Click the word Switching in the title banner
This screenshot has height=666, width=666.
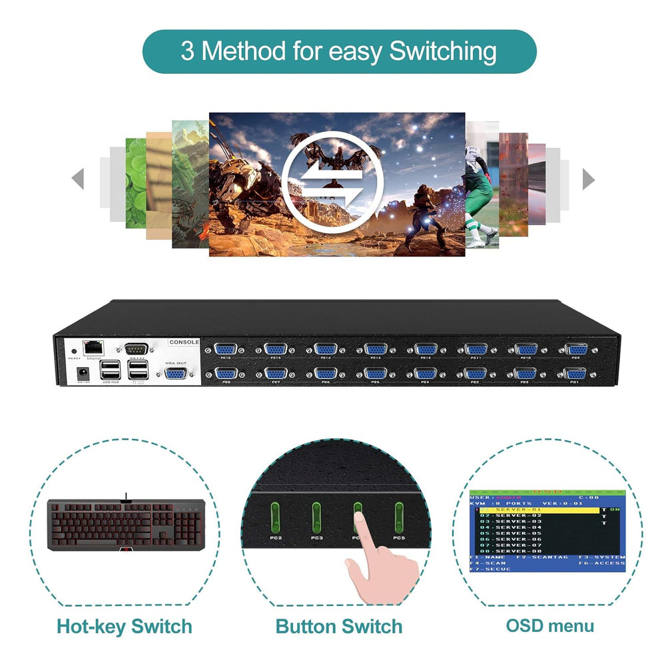tap(443, 51)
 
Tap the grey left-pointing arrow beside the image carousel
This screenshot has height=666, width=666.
tap(78, 178)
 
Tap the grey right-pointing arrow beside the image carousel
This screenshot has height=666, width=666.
tap(588, 178)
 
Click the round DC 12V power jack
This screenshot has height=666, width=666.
tap(85, 373)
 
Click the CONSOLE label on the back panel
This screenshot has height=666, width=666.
tap(184, 342)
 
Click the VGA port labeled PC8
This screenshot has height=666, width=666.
tap(226, 374)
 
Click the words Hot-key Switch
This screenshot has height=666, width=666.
tap(125, 627)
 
